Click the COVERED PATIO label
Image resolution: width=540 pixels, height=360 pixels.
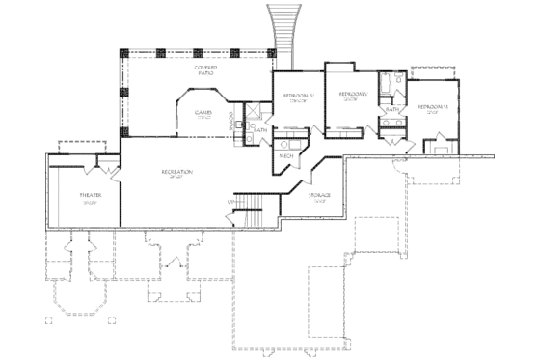coord(204,71)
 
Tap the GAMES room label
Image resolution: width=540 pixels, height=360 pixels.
coord(202,113)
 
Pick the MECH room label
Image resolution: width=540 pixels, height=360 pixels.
coord(286,155)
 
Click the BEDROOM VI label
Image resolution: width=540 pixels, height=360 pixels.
coord(429,106)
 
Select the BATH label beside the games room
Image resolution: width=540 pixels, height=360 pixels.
coord(260,128)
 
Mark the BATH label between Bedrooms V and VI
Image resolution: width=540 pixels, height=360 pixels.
coord(391,110)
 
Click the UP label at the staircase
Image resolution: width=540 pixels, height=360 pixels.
coord(229,201)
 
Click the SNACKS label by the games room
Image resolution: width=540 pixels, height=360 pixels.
coord(231,123)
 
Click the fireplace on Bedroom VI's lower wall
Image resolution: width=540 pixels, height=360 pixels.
coord(443,148)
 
